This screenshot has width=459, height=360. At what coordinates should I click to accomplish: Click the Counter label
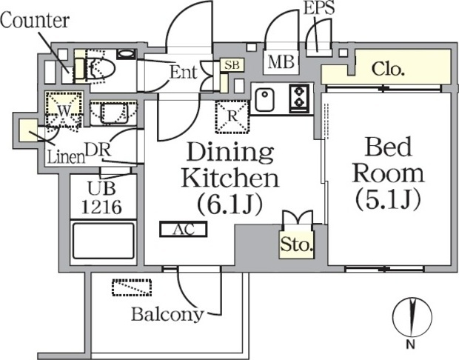coord(34,21)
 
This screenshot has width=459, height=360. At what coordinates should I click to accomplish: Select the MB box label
coord(281,62)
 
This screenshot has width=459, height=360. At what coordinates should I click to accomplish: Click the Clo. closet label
coord(387,70)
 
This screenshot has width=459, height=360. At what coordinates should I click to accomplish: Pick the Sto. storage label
coord(296,244)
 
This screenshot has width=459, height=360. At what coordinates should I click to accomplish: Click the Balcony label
coord(167,313)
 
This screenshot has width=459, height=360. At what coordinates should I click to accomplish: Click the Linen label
coord(64,156)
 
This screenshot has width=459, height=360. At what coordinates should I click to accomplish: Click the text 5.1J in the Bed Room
coord(389,199)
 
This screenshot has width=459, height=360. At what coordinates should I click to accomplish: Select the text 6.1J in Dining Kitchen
coord(229,201)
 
